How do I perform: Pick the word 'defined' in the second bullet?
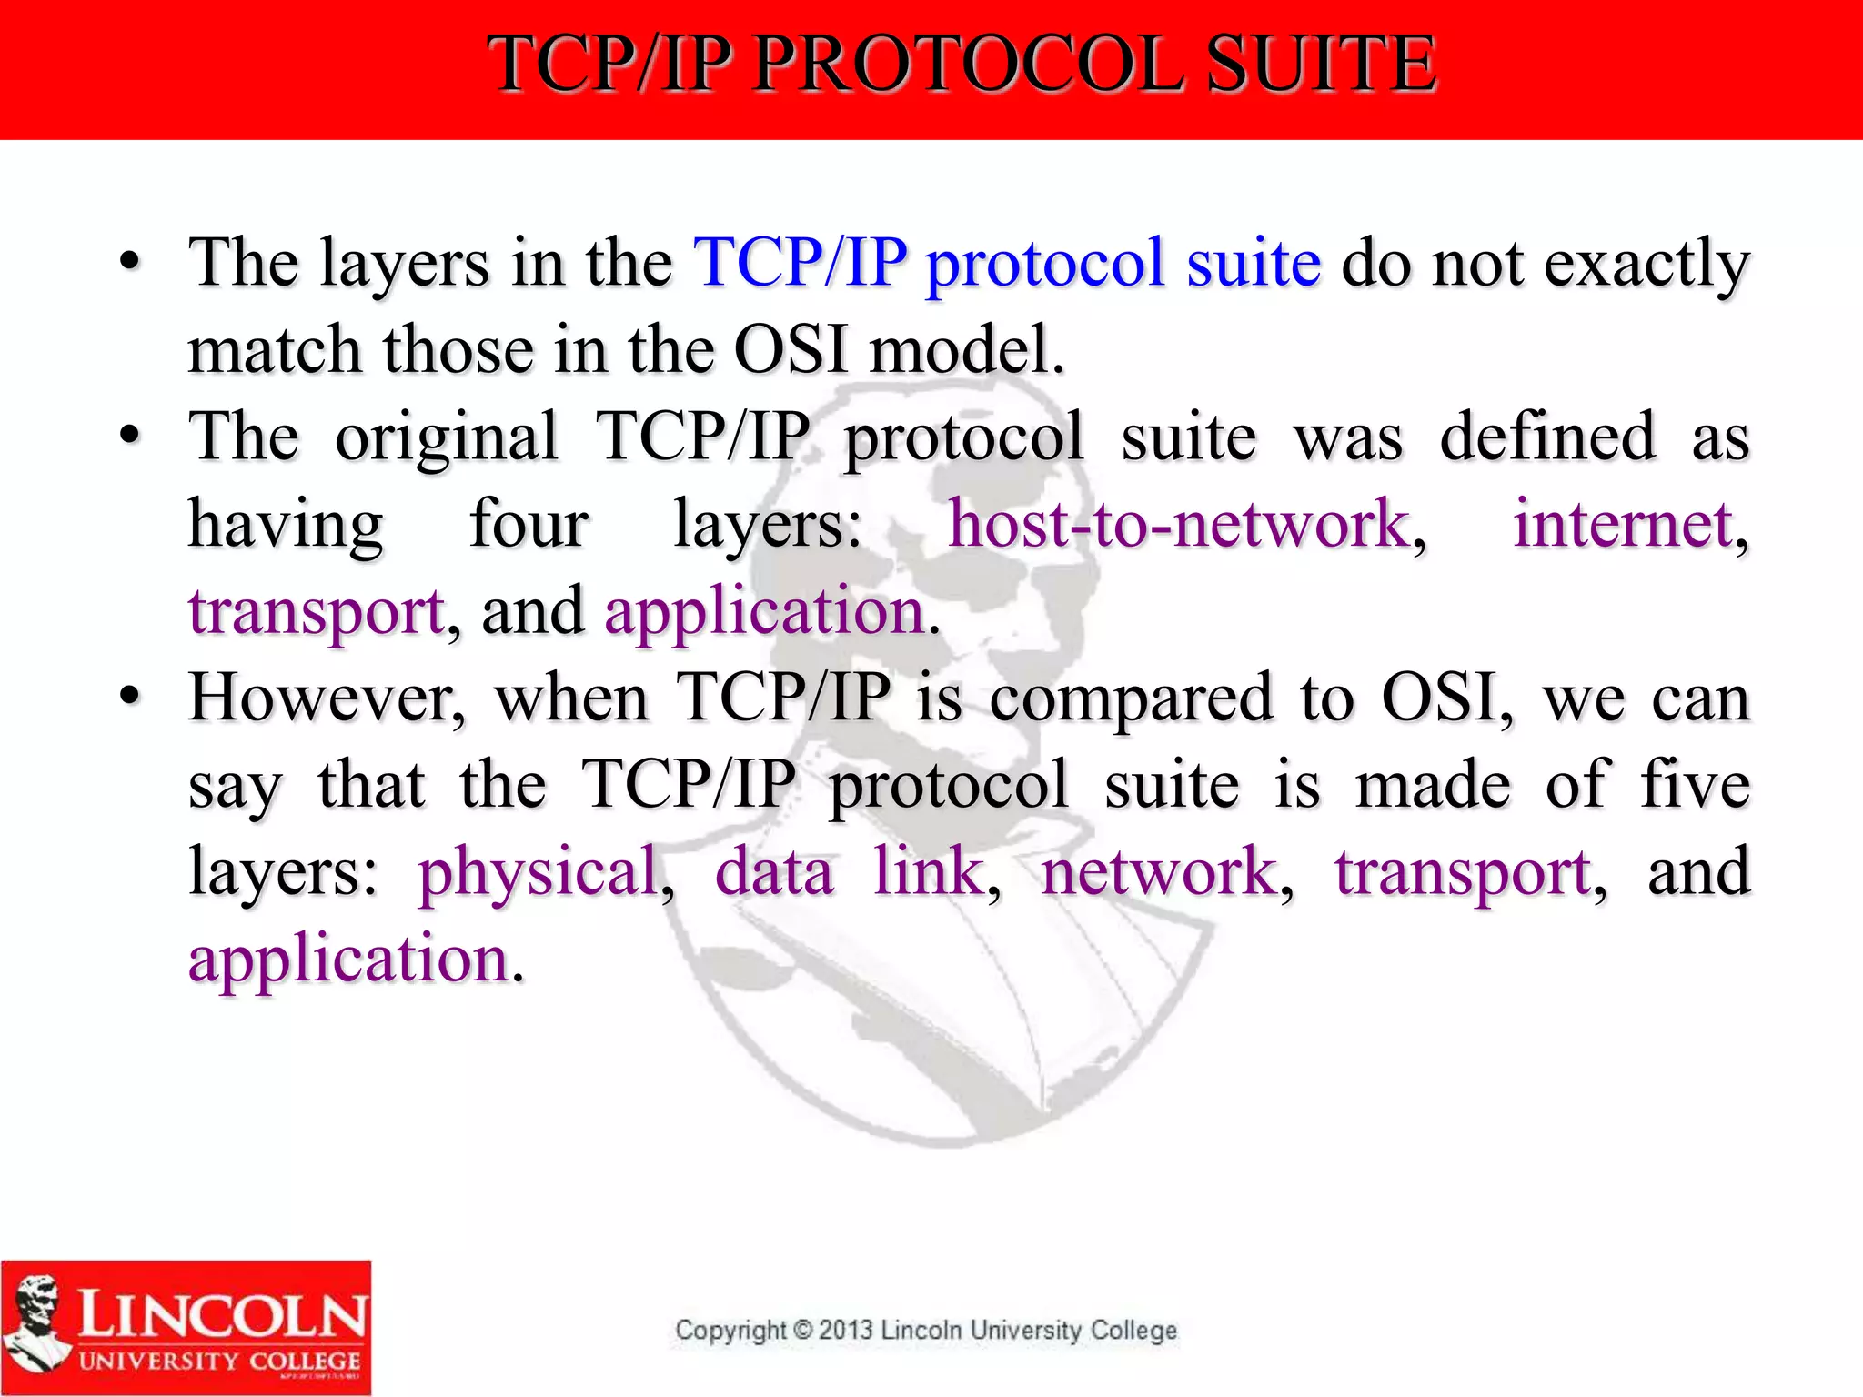click(1547, 437)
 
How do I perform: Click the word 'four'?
click(529, 525)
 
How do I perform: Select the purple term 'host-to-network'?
click(1179, 525)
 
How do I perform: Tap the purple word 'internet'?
click(1623, 525)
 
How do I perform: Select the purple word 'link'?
click(929, 871)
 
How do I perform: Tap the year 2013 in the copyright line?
click(846, 1331)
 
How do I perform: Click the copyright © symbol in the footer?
click(802, 1331)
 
